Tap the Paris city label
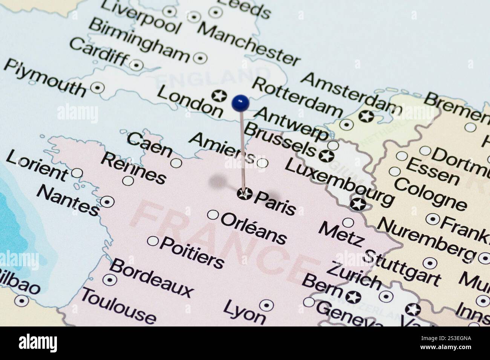275,203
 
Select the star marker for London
219,96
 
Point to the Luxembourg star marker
358,204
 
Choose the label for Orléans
253,229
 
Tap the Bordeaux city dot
110,279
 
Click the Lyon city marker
266,305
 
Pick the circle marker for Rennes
128,181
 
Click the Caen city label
149,145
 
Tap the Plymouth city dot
98,87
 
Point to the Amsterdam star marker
366,116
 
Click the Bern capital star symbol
353,297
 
